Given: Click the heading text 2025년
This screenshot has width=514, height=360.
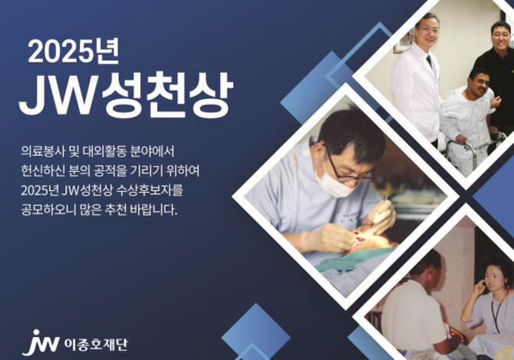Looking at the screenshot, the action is click(x=73, y=51).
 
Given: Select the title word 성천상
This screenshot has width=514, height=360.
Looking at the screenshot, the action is click(x=167, y=94).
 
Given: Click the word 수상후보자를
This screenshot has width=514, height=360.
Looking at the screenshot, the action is click(x=150, y=190).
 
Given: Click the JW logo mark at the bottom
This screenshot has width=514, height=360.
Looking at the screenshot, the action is click(x=41, y=343).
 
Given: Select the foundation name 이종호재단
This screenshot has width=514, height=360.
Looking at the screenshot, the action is click(x=96, y=345).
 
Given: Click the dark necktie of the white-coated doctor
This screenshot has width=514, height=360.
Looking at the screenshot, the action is click(x=429, y=61).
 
